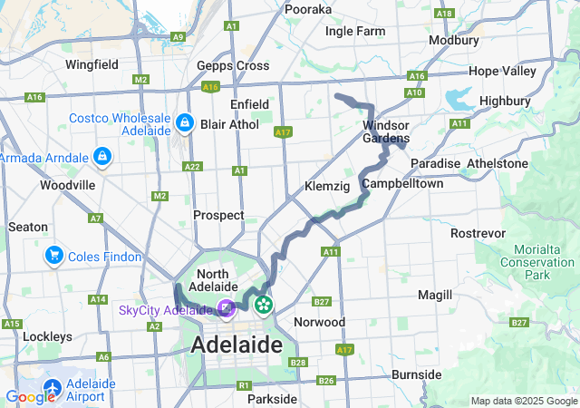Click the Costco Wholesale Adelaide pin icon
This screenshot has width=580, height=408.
184,121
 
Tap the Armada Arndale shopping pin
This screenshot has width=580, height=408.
102,157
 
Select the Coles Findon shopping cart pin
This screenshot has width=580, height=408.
53,257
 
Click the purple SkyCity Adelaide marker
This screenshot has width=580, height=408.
225,309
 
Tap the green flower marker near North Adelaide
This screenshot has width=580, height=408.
263,304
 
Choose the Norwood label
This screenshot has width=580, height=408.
319,322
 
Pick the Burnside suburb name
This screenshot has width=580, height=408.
416,374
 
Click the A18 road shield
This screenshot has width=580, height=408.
443,14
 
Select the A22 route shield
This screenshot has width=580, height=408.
192,167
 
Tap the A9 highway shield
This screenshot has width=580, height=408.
179,36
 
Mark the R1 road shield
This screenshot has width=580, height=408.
244,385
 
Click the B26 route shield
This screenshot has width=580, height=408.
326,380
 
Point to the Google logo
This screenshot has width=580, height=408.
30,396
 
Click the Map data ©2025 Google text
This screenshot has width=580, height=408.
524,401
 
